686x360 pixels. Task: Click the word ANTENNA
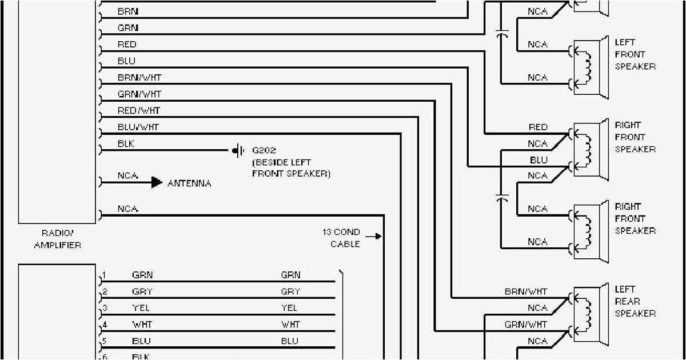click(x=189, y=183)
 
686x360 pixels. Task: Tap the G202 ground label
click(x=264, y=151)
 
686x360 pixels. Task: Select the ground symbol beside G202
click(x=237, y=151)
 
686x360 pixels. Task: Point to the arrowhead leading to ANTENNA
click(x=157, y=183)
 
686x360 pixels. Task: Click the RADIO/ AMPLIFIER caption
click(x=57, y=239)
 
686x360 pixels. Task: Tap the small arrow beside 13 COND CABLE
click(x=374, y=235)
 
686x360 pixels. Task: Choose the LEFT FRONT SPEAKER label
click(x=635, y=54)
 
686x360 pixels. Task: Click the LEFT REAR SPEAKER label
click(x=635, y=301)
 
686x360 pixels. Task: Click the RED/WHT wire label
click(x=139, y=110)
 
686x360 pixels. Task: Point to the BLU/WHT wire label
click(x=138, y=127)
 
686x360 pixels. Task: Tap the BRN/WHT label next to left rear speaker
click(x=525, y=291)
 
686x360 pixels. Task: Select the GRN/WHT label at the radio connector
click(x=139, y=94)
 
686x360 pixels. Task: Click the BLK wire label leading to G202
click(x=126, y=143)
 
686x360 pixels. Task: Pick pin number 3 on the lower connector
click(x=105, y=307)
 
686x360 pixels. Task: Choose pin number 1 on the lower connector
click(x=105, y=274)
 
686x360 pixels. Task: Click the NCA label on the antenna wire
click(x=128, y=176)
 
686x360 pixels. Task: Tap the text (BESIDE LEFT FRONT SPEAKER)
click(x=292, y=168)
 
